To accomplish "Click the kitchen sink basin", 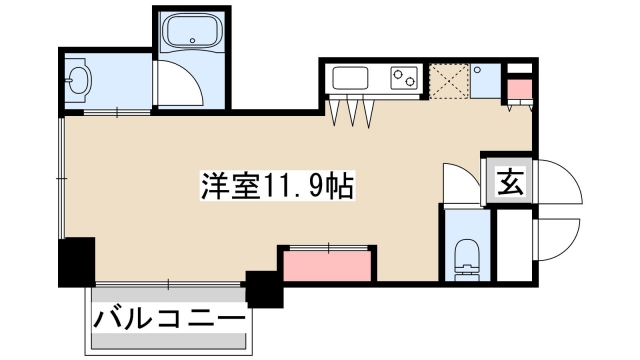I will click(x=352, y=78).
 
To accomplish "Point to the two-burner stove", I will click(x=404, y=76).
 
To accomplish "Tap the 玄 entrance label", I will click(x=509, y=182).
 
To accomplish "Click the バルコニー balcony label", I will click(x=170, y=320).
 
